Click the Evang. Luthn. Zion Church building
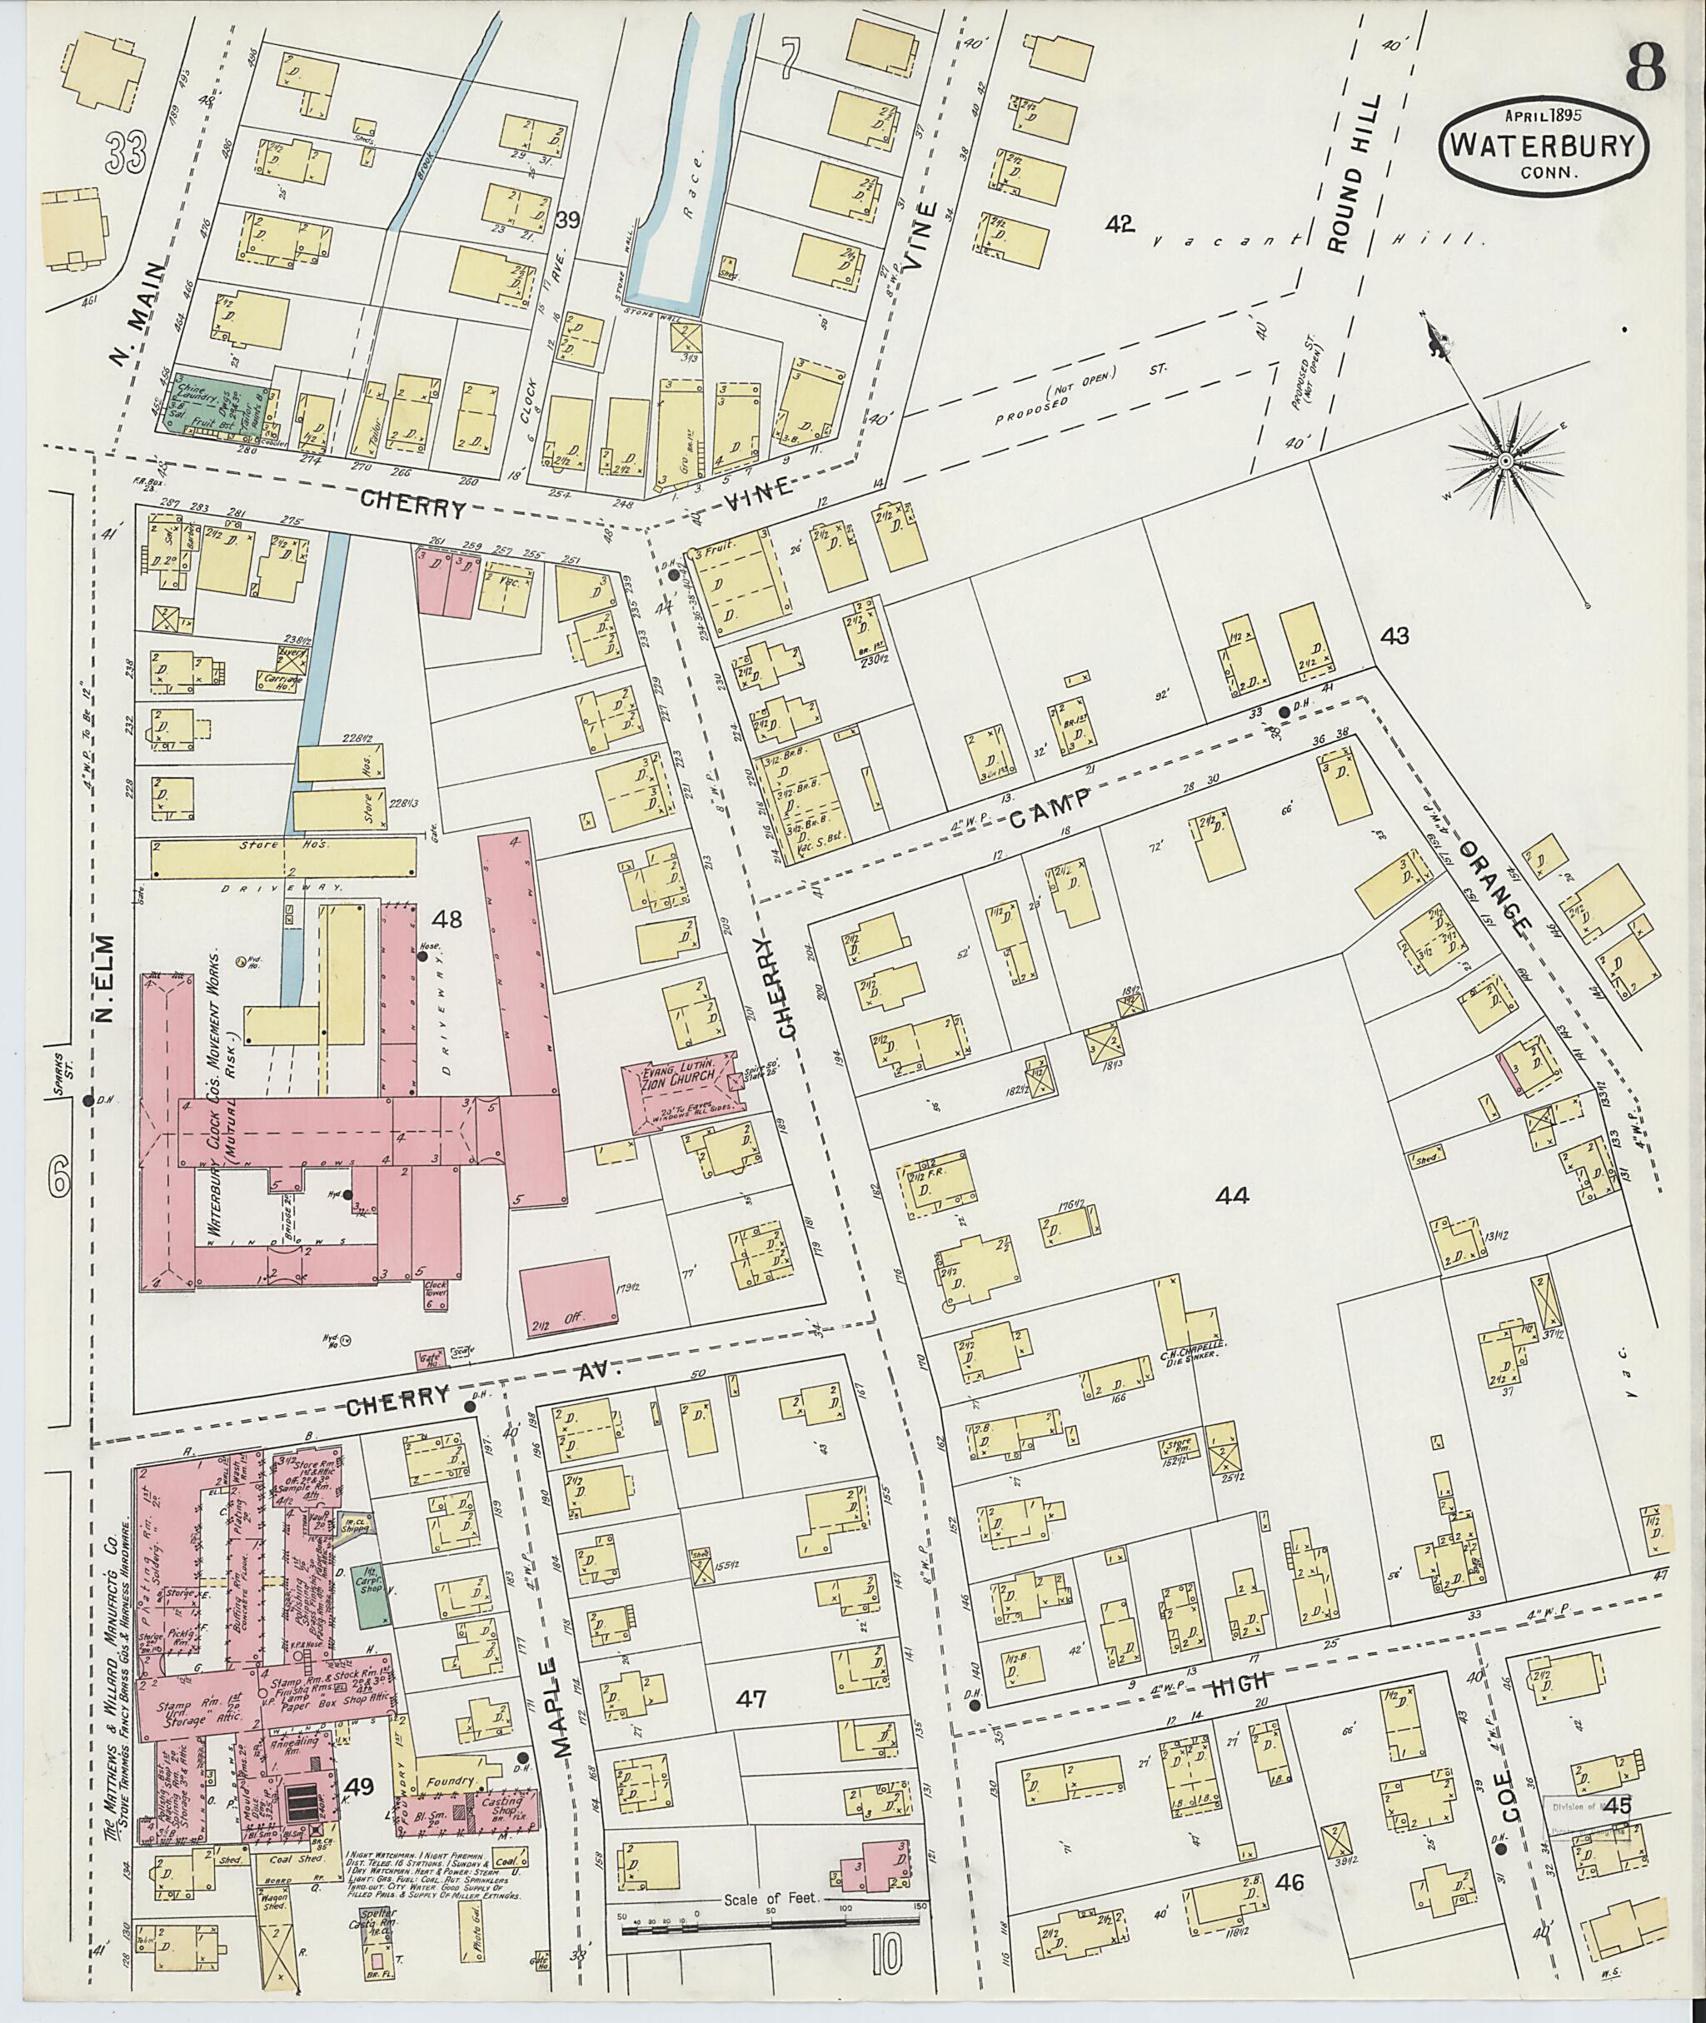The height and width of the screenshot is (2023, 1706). pyautogui.click(x=683, y=1091)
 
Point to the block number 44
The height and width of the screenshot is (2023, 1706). pyautogui.click(x=1232, y=1196)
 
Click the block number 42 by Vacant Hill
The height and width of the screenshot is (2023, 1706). pyautogui.click(x=1120, y=224)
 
